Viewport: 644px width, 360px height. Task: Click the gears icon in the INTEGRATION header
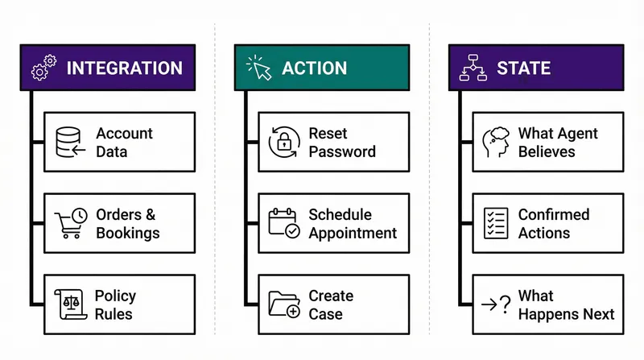click(x=43, y=68)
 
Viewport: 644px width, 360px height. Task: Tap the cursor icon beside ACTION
click(x=258, y=68)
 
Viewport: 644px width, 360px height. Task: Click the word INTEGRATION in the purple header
click(x=124, y=68)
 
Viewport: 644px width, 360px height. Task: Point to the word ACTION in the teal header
click(x=314, y=68)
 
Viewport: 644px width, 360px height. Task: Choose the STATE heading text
click(x=523, y=68)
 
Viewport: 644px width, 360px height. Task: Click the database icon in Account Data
click(x=71, y=143)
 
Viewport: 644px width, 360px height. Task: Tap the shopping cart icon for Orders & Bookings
click(x=71, y=224)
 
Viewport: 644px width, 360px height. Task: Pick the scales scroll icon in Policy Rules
click(x=71, y=304)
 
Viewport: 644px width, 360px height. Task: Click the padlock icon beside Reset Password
click(x=283, y=143)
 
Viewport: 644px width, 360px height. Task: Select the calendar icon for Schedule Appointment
click(x=283, y=223)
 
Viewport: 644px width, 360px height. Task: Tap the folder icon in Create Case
click(x=283, y=304)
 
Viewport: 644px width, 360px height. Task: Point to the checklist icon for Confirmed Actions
click(x=496, y=223)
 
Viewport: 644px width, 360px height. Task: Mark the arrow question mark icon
click(x=495, y=304)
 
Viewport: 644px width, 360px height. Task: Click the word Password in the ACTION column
click(x=342, y=151)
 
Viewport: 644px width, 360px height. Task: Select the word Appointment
click(x=353, y=233)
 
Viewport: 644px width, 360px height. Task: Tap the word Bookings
click(x=128, y=233)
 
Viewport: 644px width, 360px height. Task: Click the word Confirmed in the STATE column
click(x=554, y=214)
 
